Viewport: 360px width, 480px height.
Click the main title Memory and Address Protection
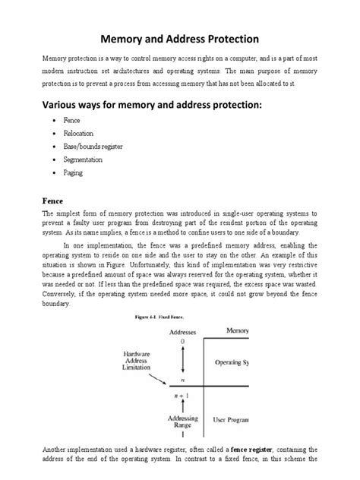coord(179,37)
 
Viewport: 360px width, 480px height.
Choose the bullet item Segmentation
coord(85,159)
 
